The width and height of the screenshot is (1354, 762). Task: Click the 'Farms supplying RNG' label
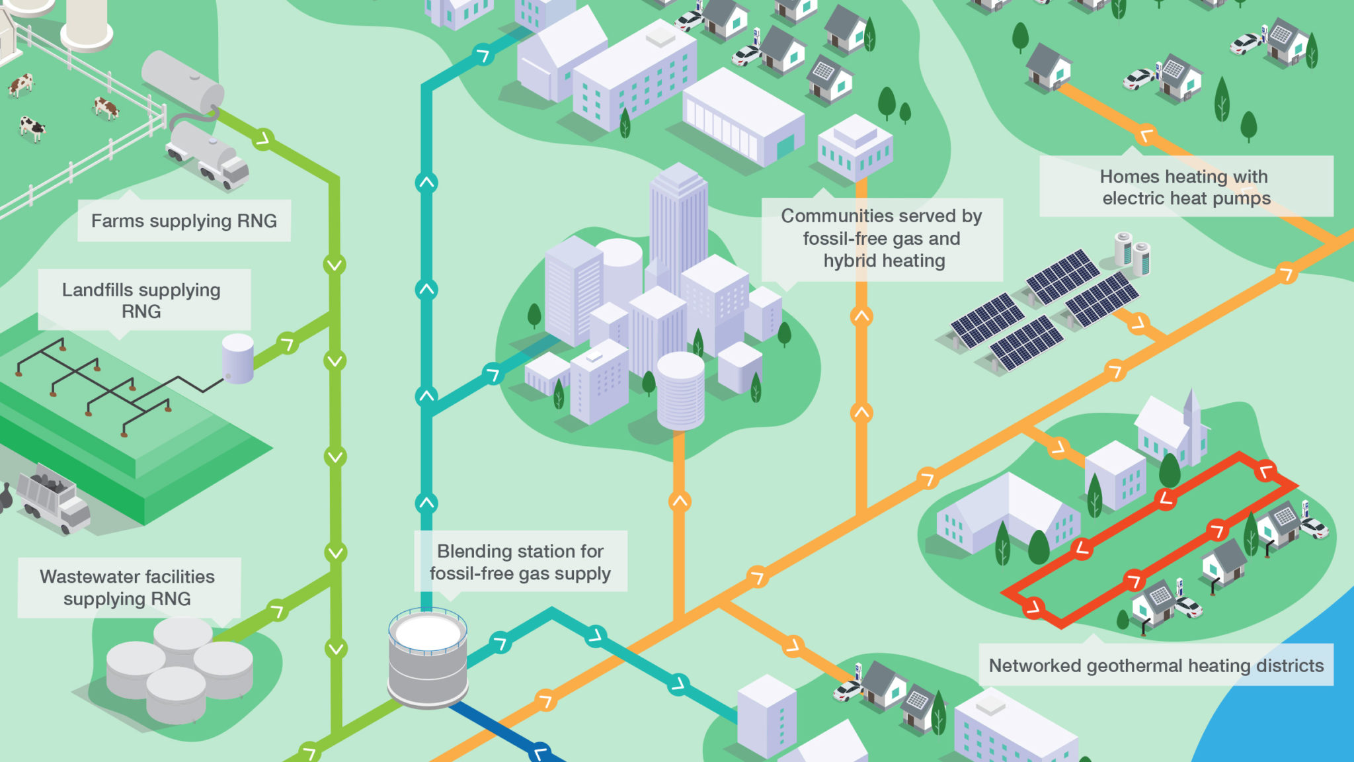click(184, 221)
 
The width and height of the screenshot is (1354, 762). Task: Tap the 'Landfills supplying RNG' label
click(141, 300)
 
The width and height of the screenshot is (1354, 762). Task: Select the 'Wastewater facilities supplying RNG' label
click(128, 587)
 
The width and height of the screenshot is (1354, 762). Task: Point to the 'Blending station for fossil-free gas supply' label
click(520, 562)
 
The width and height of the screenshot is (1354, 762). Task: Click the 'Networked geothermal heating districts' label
click(1156, 665)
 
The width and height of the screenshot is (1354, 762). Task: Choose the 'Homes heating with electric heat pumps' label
click(1185, 187)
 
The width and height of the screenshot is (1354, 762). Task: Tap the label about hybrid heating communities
click(882, 239)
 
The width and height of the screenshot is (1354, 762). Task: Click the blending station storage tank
click(428, 658)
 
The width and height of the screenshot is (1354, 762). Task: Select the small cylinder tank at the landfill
click(238, 358)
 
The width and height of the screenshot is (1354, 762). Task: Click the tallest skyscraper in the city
click(678, 218)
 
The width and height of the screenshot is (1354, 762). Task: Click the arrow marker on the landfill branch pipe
click(288, 344)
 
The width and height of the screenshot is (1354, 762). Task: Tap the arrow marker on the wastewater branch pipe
click(277, 611)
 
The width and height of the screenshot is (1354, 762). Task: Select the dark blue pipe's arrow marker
click(541, 752)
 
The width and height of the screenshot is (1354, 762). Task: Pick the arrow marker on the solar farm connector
click(1137, 323)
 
